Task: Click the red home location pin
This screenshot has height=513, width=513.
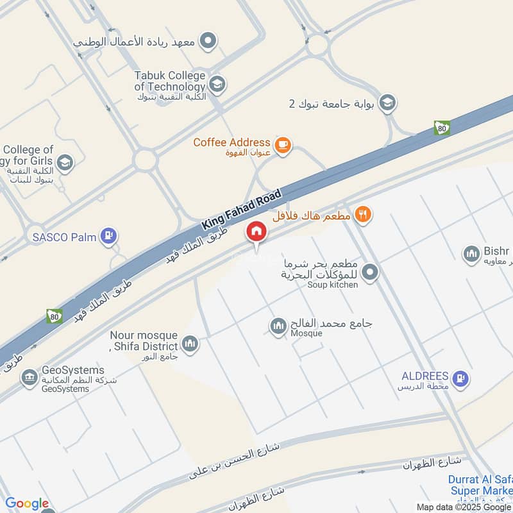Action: (x=256, y=231)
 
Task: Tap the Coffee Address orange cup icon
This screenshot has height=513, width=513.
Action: (x=282, y=146)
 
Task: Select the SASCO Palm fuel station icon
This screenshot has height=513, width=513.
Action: (x=110, y=237)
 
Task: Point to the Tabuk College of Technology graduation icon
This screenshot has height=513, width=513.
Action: (x=217, y=83)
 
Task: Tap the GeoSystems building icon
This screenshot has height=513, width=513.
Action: (x=29, y=378)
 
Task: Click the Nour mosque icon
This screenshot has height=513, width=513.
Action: (x=190, y=344)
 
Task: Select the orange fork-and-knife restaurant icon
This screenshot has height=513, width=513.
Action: (x=363, y=215)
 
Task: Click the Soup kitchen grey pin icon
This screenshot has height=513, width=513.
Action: (x=369, y=273)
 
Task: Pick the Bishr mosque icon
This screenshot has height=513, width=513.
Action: (x=472, y=254)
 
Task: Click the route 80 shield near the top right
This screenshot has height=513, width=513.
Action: (x=442, y=128)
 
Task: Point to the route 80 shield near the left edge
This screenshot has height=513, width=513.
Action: (x=55, y=316)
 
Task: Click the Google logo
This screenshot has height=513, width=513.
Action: (x=27, y=504)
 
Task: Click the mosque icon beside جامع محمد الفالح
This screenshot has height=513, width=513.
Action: (x=278, y=326)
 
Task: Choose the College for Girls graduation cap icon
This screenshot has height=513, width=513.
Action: (x=64, y=163)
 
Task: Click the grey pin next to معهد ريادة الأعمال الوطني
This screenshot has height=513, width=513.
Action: (x=208, y=42)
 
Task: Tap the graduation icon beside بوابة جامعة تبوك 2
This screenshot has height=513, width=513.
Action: (x=387, y=103)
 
